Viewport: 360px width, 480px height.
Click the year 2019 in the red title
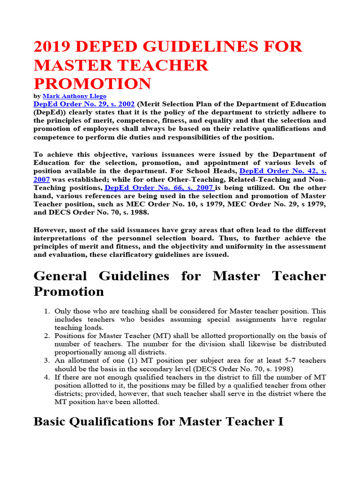click(52, 47)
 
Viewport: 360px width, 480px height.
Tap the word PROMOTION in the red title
click(92, 84)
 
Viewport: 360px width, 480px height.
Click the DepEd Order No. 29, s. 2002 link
click(84, 104)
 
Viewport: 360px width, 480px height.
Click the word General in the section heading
click(63, 276)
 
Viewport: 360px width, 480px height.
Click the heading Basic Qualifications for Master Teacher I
click(158, 421)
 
